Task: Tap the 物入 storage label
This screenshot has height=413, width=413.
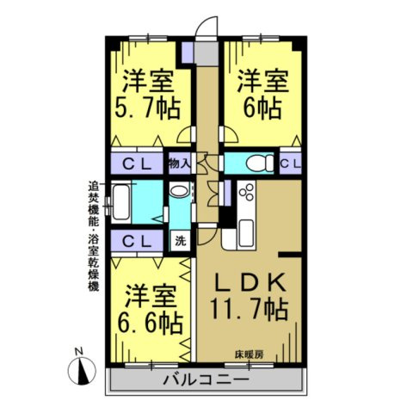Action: (179, 163)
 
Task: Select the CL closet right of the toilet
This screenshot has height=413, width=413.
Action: (289, 163)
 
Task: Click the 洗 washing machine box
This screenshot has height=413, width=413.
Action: (181, 240)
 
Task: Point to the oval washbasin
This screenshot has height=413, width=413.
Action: (179, 193)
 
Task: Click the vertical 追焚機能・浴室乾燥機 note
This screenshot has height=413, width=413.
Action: (92, 236)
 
